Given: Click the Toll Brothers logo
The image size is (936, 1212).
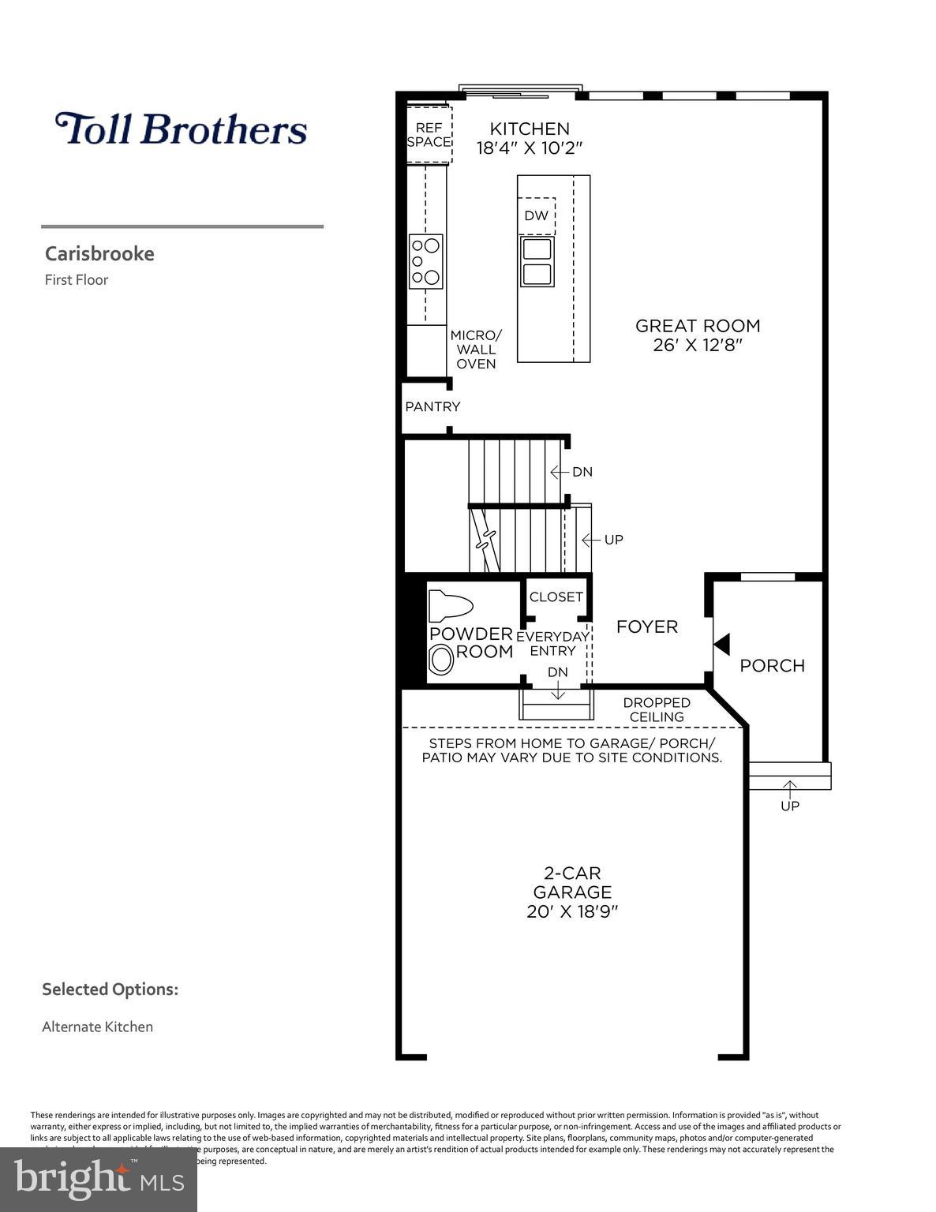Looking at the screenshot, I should pyautogui.click(x=181, y=129).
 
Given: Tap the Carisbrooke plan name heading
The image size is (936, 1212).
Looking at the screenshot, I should pyautogui.click(x=99, y=253).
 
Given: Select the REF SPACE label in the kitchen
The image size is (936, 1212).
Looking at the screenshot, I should pyautogui.click(x=429, y=135).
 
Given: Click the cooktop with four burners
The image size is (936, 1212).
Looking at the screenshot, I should pyautogui.click(x=425, y=261).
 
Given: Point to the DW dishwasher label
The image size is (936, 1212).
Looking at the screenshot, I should pyautogui.click(x=536, y=215).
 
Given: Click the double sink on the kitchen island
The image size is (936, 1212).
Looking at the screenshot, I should pyautogui.click(x=537, y=261).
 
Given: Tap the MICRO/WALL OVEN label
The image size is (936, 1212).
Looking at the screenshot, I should pyautogui.click(x=476, y=350).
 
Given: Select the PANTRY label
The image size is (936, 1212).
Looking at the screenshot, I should pyautogui.click(x=432, y=406).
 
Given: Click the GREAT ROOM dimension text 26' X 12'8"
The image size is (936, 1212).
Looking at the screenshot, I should pyautogui.click(x=698, y=346).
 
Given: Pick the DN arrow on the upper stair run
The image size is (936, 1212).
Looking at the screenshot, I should pyautogui.click(x=560, y=472).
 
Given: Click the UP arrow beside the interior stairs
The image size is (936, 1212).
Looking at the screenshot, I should pyautogui.click(x=589, y=540).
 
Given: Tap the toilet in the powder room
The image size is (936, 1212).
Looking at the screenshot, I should pyautogui.click(x=449, y=607).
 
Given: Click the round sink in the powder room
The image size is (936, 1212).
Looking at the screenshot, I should pyautogui.click(x=440, y=659).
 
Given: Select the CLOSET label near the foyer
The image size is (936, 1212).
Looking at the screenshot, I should pyautogui.click(x=556, y=597).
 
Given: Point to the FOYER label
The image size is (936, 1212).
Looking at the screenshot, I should pyautogui.click(x=646, y=627).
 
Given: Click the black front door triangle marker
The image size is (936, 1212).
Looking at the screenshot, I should pyautogui.click(x=721, y=643).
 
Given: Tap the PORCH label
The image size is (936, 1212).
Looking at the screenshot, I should pyautogui.click(x=772, y=665).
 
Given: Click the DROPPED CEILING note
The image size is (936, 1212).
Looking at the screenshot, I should pyautogui.click(x=657, y=709).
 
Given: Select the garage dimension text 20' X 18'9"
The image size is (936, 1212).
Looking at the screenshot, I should pyautogui.click(x=572, y=911).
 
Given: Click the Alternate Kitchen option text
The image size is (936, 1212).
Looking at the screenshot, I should pyautogui.click(x=97, y=1027).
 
